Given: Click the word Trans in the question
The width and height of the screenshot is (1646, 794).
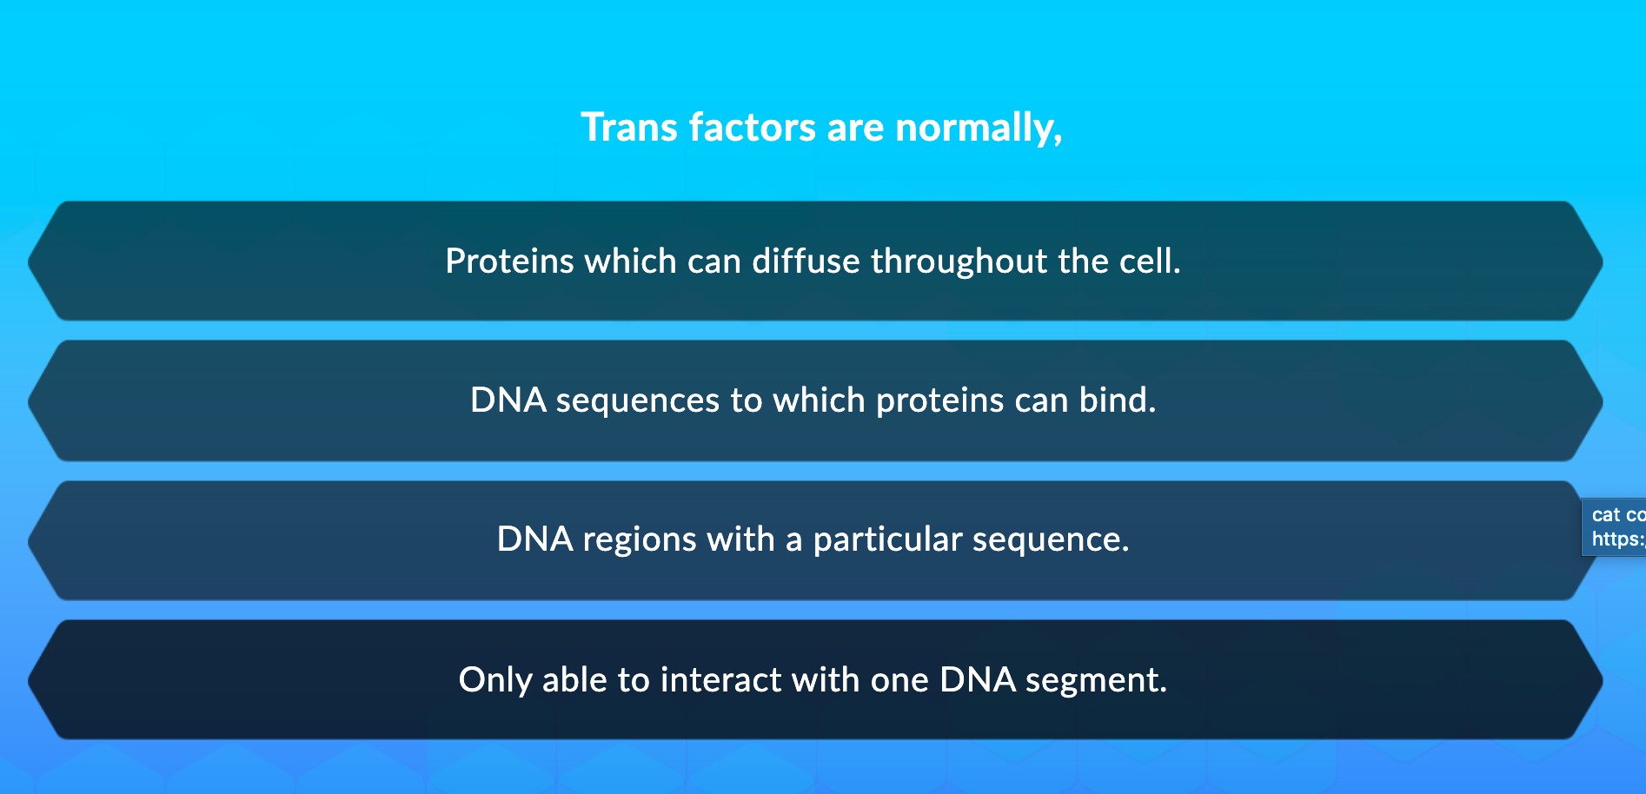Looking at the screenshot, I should point(629,128).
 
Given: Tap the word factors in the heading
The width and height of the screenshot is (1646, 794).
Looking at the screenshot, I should point(752,128).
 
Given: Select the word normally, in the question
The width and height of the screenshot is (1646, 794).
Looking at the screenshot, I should point(979,128).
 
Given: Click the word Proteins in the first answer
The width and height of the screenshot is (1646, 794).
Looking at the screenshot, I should point(509,261).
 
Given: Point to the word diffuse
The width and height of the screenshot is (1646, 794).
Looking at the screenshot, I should point(806,261).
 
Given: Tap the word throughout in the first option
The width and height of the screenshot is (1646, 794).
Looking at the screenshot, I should point(959,261).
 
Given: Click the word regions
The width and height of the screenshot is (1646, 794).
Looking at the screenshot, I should point(639,539).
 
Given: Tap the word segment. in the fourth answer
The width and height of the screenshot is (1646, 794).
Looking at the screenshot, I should point(1096,679).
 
